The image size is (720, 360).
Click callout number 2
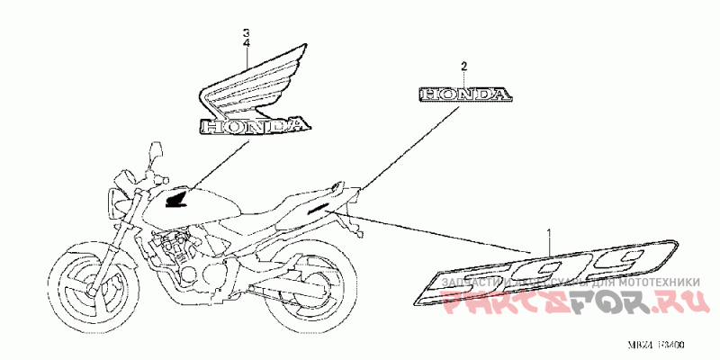point(464,67)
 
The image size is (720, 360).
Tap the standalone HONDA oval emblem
point(464,94)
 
